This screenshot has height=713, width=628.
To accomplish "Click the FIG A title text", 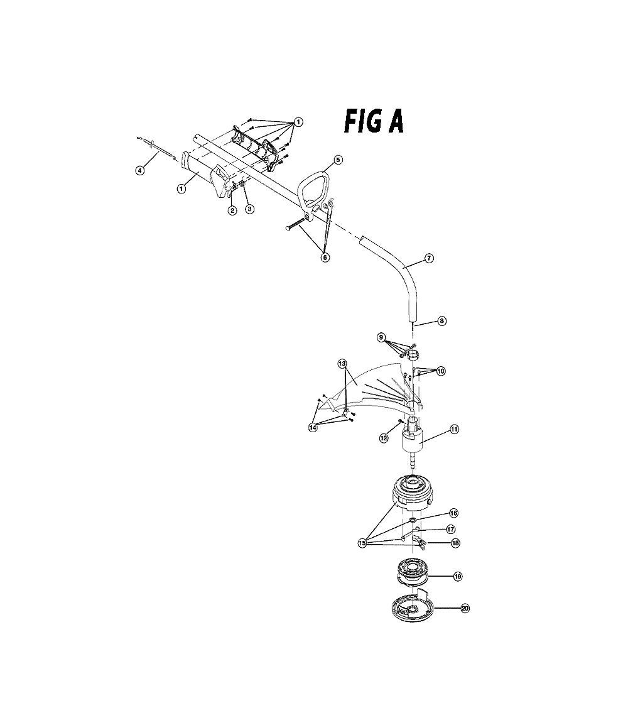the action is pyautogui.click(x=373, y=121).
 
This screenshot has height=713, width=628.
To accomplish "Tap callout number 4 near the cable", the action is pyautogui.click(x=140, y=170).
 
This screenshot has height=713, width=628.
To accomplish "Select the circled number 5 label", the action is pyautogui.click(x=338, y=160).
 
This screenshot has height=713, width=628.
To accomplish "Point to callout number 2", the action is pyautogui.click(x=232, y=210).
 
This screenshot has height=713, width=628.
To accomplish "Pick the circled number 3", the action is pyautogui.click(x=250, y=209).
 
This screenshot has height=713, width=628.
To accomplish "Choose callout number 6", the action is pyautogui.click(x=325, y=258).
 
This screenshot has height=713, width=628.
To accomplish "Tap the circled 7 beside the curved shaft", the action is pyautogui.click(x=429, y=258).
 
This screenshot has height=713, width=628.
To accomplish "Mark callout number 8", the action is pyautogui.click(x=441, y=320).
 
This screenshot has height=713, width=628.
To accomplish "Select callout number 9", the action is pyautogui.click(x=381, y=337).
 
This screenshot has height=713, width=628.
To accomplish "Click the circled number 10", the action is pyautogui.click(x=441, y=371).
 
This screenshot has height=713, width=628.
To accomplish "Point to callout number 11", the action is pyautogui.click(x=454, y=429).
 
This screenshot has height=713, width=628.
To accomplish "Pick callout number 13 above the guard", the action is pyautogui.click(x=342, y=363).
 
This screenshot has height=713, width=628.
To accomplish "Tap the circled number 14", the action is pyautogui.click(x=313, y=427).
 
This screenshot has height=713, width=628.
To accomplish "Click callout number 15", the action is pyautogui.click(x=362, y=543).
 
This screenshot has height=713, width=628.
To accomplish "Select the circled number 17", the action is pyautogui.click(x=451, y=530).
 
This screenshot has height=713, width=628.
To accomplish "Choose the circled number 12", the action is pyautogui.click(x=384, y=438).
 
